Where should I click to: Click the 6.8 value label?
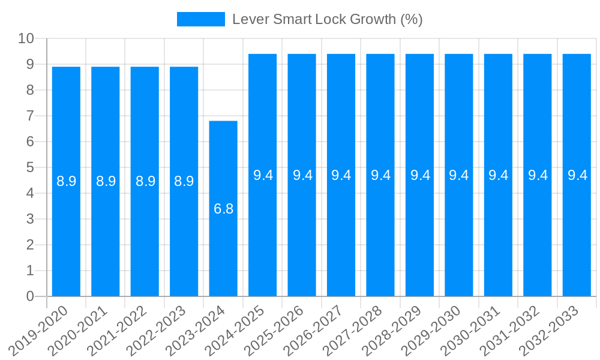coord(223,209)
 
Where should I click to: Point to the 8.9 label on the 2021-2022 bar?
coord(145,181)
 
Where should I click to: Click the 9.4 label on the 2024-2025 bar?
coord(263,175)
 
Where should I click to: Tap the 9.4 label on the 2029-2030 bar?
coord(459,175)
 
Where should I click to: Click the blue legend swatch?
coord(200,19)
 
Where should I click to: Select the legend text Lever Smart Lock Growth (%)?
coord(328,19)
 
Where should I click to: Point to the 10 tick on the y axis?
coord(26,39)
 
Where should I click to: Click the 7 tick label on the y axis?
coord(30,116)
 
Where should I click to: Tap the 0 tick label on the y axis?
coord(30,296)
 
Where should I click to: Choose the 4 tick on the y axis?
coord(30,193)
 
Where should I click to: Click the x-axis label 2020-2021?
coord(78,330)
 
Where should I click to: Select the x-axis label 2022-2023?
coord(157,330)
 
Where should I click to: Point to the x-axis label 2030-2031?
coord(470,330)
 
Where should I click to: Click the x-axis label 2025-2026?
coord(274,330)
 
